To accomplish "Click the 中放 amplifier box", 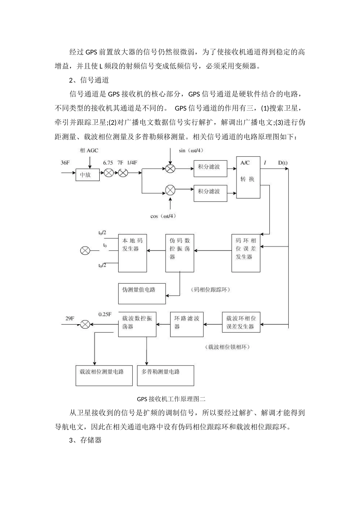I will point(88,175).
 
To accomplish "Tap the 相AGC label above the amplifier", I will point(89,150).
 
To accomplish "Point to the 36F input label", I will point(65,163).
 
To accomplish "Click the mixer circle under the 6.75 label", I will point(109,173).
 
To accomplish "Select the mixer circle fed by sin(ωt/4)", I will point(170,169).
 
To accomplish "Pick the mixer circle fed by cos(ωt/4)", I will point(170,190).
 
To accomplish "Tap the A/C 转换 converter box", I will point(248,177).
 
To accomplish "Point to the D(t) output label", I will point(283,163).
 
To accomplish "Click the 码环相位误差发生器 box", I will point(246,253).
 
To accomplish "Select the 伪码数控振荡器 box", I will point(180,253).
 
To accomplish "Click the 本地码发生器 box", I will point(132,253).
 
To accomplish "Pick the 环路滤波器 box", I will point(186,324).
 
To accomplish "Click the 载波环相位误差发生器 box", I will point(241,322).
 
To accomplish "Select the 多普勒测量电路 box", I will point(166,375).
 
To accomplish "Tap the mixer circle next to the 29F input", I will point(85,324).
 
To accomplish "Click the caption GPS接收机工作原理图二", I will point(171,399).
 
